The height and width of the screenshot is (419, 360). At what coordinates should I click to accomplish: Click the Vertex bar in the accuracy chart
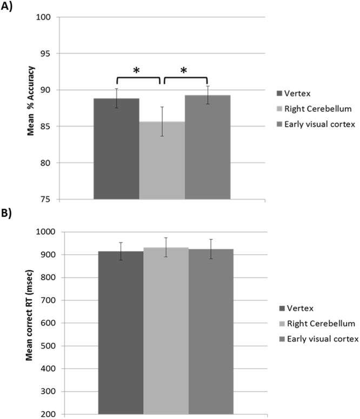point(116,149)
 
